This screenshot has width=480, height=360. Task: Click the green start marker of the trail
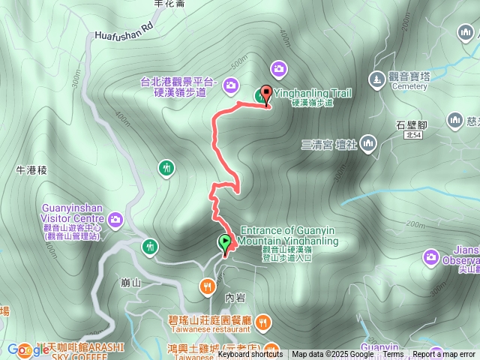point(224,243)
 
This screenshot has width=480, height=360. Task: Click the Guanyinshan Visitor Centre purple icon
point(115,219)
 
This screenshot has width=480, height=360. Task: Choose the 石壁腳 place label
point(412,124)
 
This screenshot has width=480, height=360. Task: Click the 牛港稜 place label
point(31,170)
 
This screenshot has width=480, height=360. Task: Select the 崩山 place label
point(130,283)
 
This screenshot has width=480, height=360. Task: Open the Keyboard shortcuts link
point(250,355)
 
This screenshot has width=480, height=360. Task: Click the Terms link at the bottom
point(393,355)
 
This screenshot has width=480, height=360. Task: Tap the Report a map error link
point(443,355)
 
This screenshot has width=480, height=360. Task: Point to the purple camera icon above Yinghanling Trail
point(279,69)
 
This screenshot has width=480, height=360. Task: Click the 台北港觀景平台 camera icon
point(229,84)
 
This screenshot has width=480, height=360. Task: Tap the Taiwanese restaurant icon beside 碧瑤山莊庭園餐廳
point(262,324)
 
